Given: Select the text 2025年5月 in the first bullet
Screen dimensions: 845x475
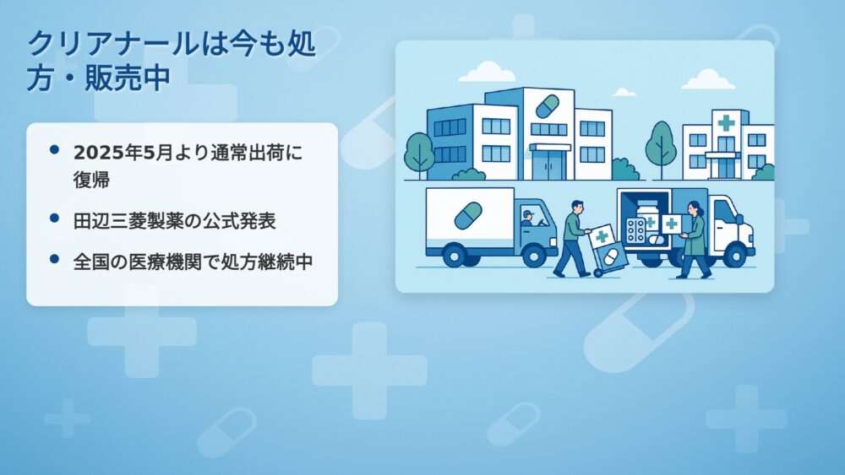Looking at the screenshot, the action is [x=123, y=153].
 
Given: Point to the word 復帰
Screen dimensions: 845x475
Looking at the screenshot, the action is [x=91, y=180].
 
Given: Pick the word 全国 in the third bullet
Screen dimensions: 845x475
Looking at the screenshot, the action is [x=91, y=262].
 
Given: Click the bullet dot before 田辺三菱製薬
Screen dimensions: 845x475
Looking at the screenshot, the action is [x=54, y=218].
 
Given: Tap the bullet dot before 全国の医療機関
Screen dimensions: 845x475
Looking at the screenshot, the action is [x=54, y=259].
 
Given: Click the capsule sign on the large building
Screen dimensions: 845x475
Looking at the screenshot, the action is [x=547, y=106].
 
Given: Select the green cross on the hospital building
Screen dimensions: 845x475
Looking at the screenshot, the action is [x=726, y=122].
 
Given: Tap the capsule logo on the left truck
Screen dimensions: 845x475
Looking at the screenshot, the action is [x=468, y=216].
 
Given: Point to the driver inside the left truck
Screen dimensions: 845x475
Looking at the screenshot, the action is [x=527, y=218].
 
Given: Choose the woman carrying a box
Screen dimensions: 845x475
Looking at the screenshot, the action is [x=694, y=240].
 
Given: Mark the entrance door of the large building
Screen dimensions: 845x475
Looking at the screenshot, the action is [x=549, y=165].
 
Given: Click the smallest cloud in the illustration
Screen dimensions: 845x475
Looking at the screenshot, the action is [x=624, y=93].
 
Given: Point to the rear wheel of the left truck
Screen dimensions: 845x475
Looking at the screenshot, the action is [x=454, y=256].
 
